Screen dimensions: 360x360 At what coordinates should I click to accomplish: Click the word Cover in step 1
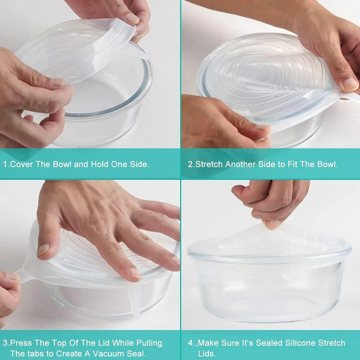pos(21,164)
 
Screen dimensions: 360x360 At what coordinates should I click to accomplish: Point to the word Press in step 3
pos(21,343)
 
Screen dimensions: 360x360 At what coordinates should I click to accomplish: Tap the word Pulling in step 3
pos(149,343)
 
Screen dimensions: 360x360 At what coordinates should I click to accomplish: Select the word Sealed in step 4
pos(269,343)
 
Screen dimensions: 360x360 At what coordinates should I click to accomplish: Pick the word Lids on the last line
pos(207,354)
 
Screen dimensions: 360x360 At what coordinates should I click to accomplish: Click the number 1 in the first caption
pos(5,164)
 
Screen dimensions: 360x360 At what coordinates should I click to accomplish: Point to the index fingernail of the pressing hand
pos(43,250)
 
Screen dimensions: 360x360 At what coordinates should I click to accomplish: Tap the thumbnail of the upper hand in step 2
pos(351,84)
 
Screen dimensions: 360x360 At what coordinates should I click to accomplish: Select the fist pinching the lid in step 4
pos(271,202)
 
